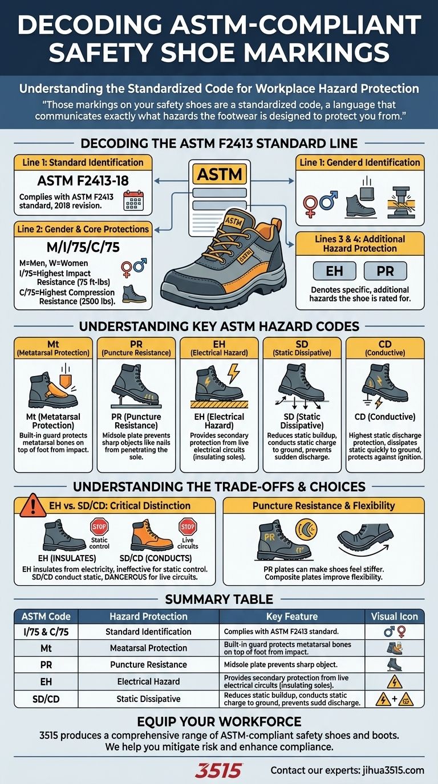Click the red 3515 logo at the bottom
click(218, 770)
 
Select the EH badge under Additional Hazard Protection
click(334, 271)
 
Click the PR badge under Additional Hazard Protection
click(386, 271)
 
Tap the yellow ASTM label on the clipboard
click(219, 174)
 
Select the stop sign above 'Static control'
click(99, 526)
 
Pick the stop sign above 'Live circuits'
click(187, 526)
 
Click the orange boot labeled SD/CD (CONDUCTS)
click(152, 536)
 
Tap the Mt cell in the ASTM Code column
click(46, 648)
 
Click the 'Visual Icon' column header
click(394, 616)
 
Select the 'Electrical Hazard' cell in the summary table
click(148, 681)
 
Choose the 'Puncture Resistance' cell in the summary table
click(148, 664)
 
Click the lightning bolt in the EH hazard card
click(234, 374)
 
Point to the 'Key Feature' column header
click(291, 616)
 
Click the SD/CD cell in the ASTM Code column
click(46, 698)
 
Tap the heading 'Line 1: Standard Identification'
click(83, 162)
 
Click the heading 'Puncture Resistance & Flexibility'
click(323, 505)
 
